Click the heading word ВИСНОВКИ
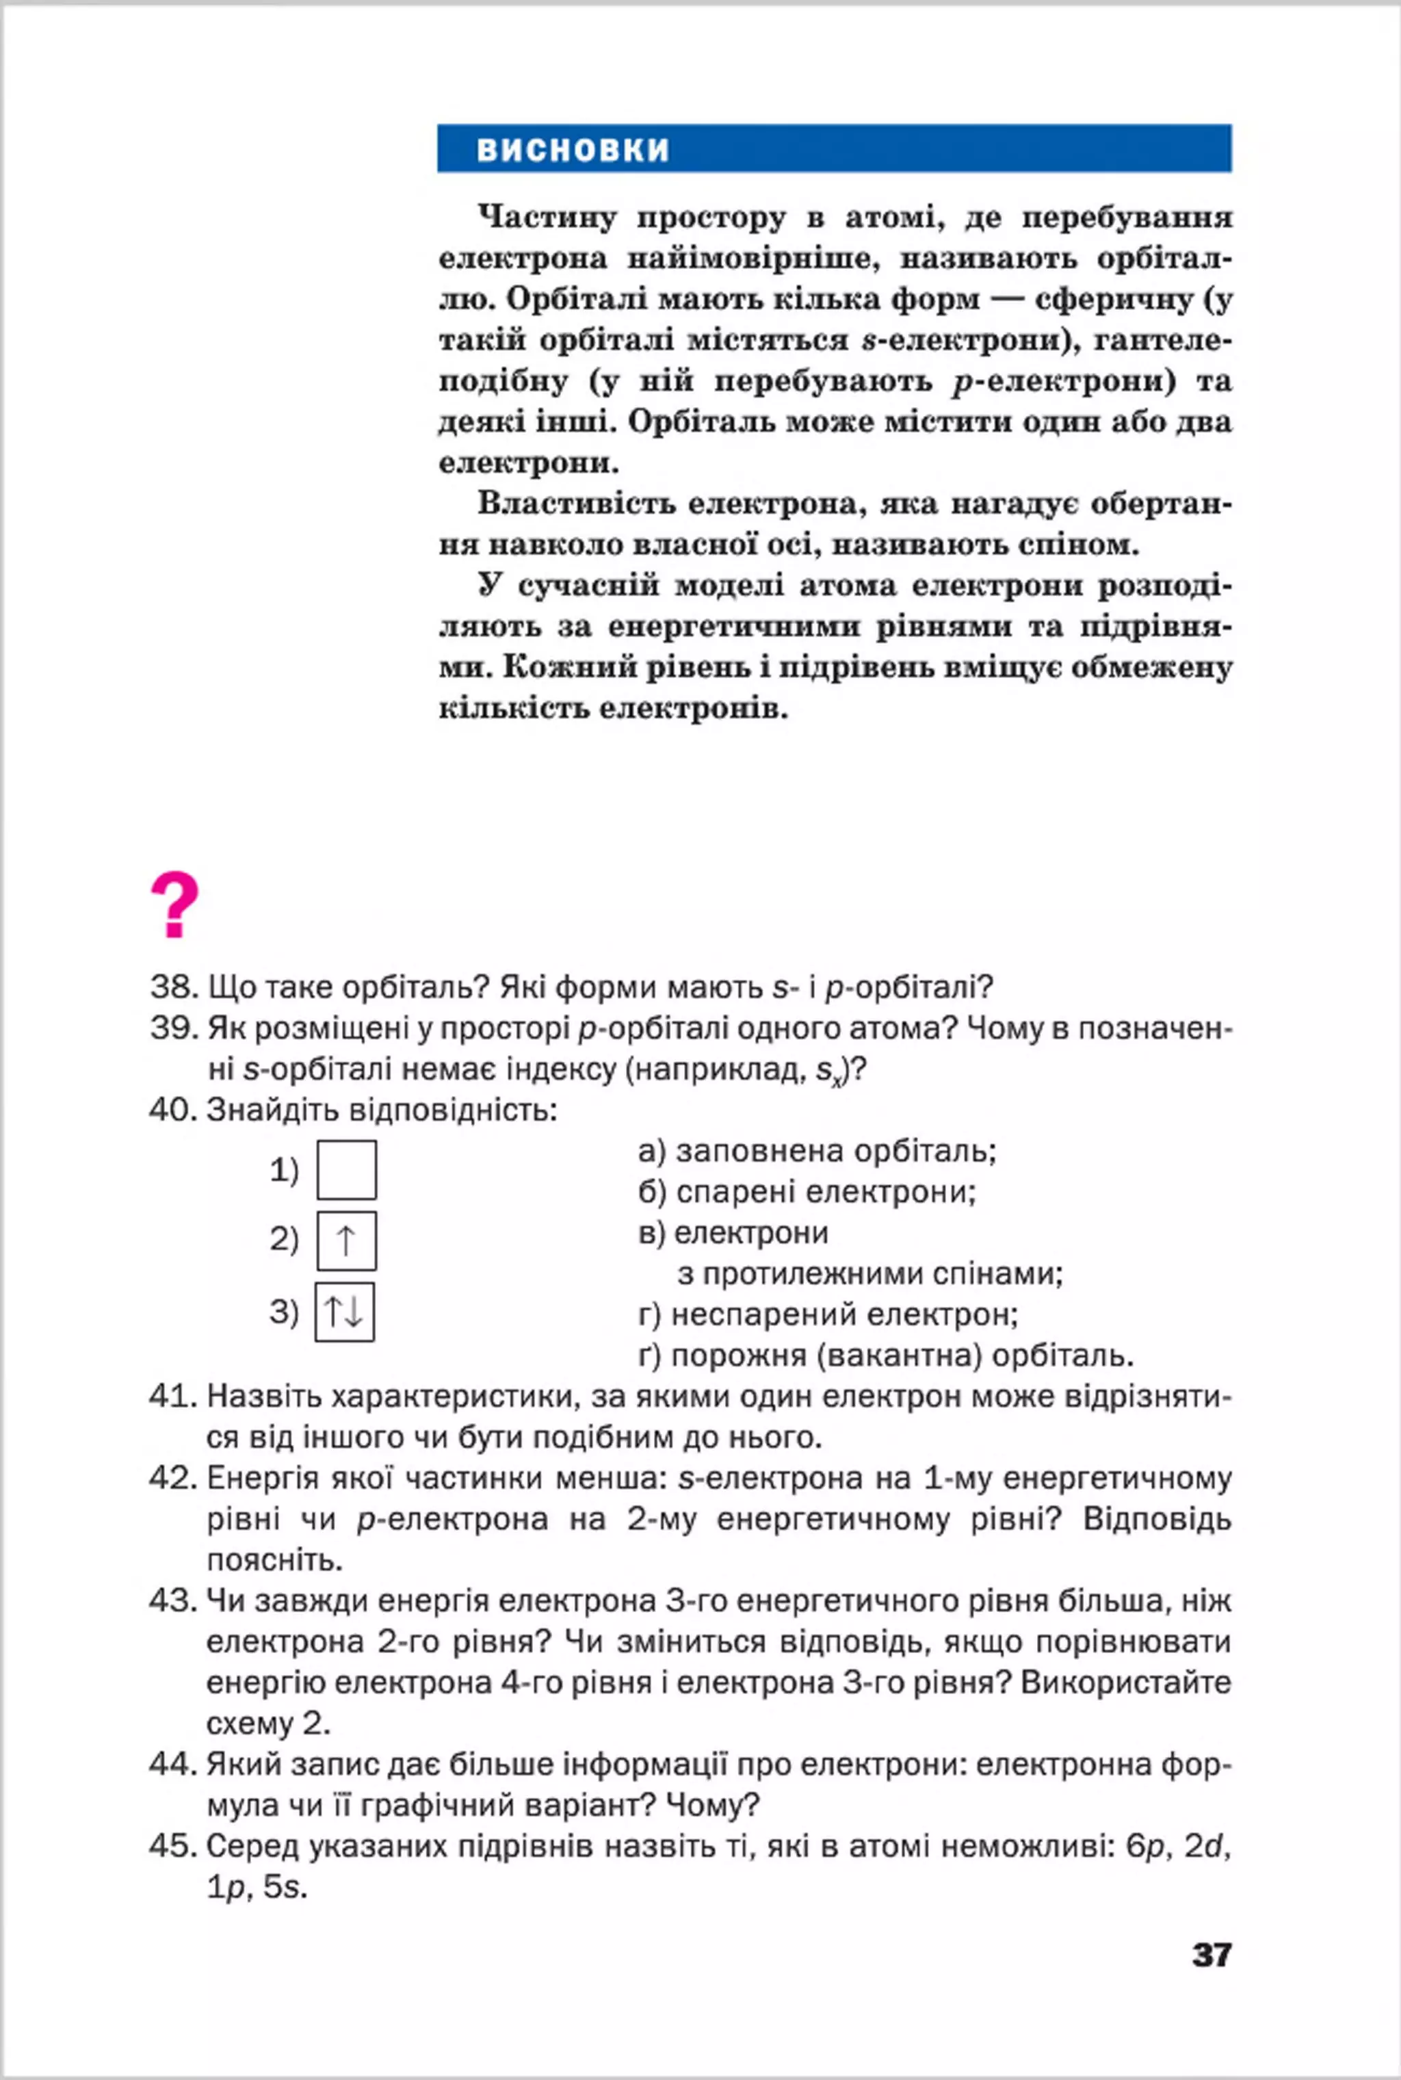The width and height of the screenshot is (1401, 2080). [x=573, y=149]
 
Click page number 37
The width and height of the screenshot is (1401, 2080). [x=1212, y=1954]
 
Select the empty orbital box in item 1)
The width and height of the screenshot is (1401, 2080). [x=347, y=1169]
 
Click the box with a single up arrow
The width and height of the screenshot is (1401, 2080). [x=347, y=1240]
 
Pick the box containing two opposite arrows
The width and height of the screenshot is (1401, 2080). [x=344, y=1312]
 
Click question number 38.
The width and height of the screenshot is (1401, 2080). [x=172, y=987]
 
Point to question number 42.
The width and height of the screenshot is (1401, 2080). [x=172, y=1478]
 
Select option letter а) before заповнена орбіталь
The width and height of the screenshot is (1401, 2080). [x=652, y=1151]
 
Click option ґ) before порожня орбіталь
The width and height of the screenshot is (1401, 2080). [x=650, y=1355]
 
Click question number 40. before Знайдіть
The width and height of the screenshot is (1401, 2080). [x=172, y=1110]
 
